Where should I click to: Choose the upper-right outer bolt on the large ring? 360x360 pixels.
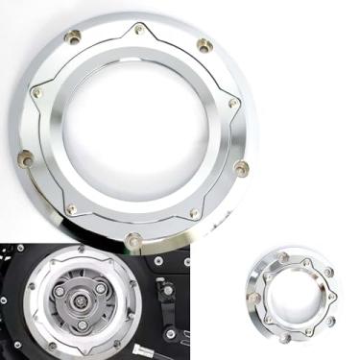click(203, 44)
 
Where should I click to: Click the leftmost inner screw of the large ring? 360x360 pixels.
click(37, 93)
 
